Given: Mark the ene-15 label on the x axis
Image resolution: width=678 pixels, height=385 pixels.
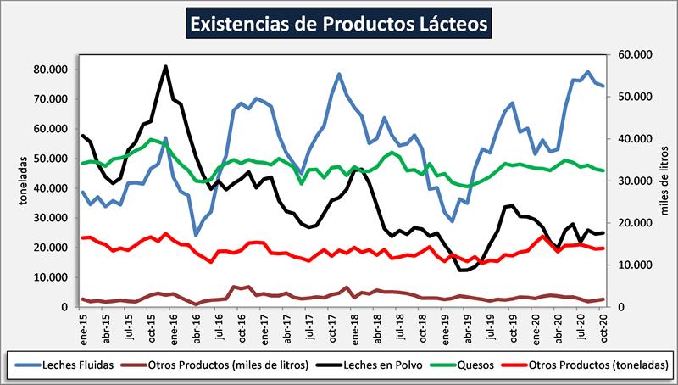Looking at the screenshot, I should point(84,326).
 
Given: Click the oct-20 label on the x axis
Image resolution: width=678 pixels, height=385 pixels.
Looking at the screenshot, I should point(603,326).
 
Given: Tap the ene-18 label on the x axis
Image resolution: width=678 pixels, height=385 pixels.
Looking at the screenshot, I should point(355,326).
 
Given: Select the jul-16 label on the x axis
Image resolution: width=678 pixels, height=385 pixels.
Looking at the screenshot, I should point(220,326).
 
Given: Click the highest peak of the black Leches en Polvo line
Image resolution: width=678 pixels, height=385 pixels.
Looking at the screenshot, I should point(165,66).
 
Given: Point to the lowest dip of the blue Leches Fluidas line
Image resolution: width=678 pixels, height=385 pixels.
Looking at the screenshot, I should point(196,235).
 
